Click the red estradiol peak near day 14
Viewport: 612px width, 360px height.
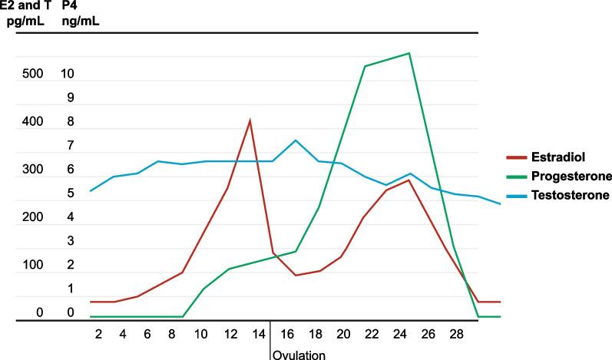point(250,120)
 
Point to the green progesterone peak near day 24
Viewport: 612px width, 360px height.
point(409,53)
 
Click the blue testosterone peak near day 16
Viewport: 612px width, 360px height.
point(296,140)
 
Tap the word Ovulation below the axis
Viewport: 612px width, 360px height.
point(300,355)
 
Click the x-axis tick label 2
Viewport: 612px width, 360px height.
point(98,335)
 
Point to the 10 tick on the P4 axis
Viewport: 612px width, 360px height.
point(68,74)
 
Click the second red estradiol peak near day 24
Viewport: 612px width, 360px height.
point(409,180)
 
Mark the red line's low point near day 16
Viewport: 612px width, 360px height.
point(296,275)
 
